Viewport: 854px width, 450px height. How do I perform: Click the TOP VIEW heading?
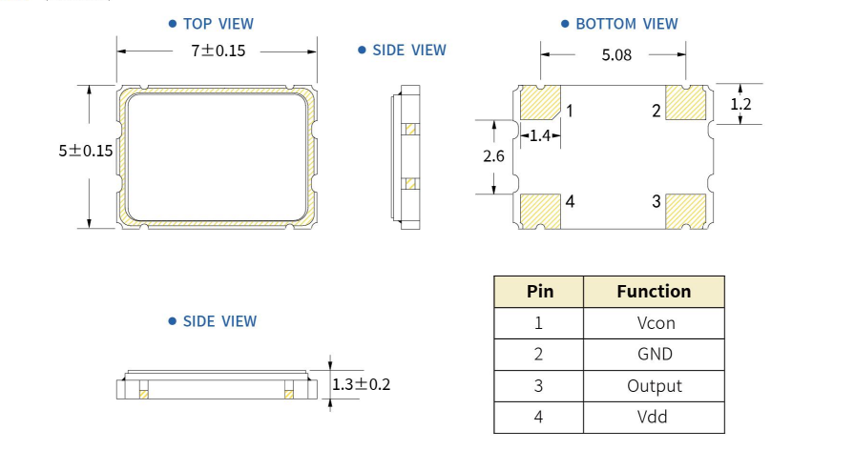218,24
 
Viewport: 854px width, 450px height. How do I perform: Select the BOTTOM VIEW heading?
626,24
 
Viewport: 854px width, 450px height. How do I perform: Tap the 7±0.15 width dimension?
218,51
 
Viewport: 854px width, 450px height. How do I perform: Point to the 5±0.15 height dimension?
85,151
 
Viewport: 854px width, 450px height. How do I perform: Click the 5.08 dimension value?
616,55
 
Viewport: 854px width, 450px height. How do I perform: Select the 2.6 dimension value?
493,157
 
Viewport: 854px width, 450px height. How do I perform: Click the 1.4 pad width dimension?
539,136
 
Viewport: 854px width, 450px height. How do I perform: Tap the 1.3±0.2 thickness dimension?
362,384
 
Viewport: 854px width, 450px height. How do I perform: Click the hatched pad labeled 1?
539,102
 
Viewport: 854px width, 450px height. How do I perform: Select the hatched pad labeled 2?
685,102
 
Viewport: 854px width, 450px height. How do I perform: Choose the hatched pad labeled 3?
685,210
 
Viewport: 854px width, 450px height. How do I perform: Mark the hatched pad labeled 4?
539,210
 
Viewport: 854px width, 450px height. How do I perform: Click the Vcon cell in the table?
655,323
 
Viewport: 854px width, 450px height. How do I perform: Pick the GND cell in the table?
655,355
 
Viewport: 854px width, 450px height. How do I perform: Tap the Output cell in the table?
655,386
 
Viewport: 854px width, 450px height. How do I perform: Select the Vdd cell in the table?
655,418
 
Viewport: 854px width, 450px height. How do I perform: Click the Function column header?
654,292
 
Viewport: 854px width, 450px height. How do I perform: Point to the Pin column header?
539,292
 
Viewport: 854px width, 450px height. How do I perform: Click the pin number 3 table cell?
539,386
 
